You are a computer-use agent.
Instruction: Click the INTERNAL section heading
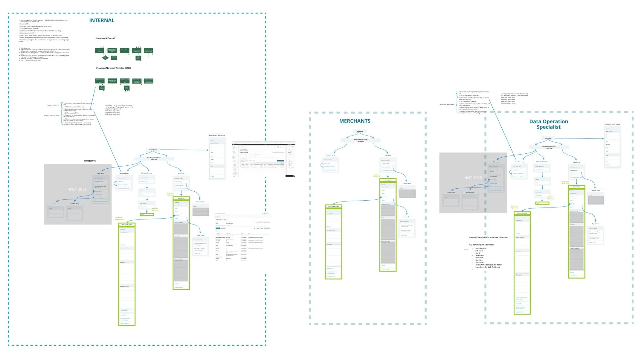pyautogui.click(x=102, y=20)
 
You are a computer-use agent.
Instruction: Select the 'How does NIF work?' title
pyautogui.click(x=105, y=38)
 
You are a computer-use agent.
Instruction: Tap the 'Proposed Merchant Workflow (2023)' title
pyautogui.click(x=113, y=68)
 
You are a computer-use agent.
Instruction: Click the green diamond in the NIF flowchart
pyautogui.click(x=105, y=57)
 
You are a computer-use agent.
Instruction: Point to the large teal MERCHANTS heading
pyautogui.click(x=355, y=121)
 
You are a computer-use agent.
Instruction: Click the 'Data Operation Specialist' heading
pyautogui.click(x=548, y=124)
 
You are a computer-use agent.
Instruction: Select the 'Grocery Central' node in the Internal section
pyautogui.click(x=153, y=150)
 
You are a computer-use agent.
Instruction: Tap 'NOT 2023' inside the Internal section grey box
pyautogui.click(x=77, y=189)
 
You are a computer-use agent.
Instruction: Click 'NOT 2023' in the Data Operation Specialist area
pyautogui.click(x=473, y=178)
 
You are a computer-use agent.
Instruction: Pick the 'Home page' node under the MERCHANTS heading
pyautogui.click(x=359, y=132)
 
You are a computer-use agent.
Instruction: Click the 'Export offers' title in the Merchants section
pyautogui.click(x=407, y=217)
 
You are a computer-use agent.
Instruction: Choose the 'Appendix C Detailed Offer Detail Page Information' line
pyautogui.click(x=488, y=237)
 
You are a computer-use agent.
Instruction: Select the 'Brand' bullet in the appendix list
pyautogui.click(x=478, y=253)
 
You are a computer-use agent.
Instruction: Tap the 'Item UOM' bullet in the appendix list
pyautogui.click(x=479, y=263)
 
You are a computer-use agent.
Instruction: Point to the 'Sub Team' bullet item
pyautogui.click(x=479, y=251)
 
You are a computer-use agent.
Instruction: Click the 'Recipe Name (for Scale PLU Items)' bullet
pyautogui.click(x=488, y=265)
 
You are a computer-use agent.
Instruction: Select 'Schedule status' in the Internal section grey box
pyautogui.click(x=74, y=204)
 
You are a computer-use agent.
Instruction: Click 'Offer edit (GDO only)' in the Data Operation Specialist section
pyautogui.click(x=542, y=162)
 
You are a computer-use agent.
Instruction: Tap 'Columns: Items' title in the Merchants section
pyautogui.click(x=407, y=184)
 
